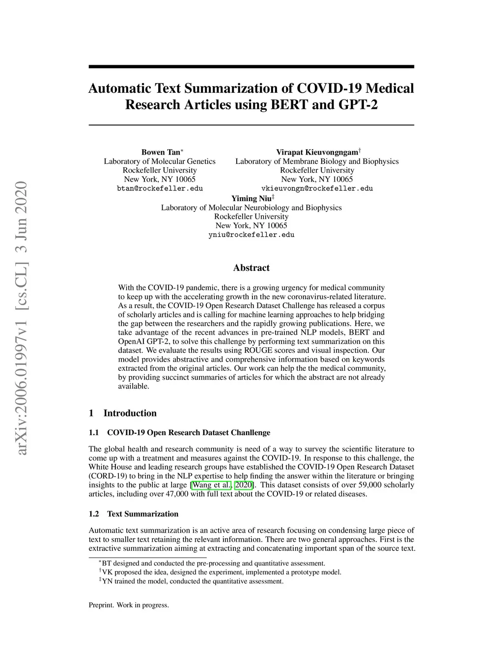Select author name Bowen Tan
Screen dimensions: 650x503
point(161,152)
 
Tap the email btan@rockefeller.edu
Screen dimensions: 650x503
point(160,188)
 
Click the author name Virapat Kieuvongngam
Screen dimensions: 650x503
point(317,152)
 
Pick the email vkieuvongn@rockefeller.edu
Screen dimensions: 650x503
point(317,188)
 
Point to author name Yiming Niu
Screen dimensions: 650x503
point(251,198)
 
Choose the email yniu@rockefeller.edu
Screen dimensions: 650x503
point(251,235)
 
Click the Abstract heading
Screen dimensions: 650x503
point(251,268)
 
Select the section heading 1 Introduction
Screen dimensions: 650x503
point(123,413)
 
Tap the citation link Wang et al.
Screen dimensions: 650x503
point(211,485)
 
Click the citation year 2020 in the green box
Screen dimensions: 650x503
point(244,485)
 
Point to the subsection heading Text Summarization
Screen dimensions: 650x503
point(142,514)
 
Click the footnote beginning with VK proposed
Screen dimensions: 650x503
point(221,572)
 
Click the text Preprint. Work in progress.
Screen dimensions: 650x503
point(129,605)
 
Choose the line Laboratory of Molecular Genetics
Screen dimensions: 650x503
point(160,161)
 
